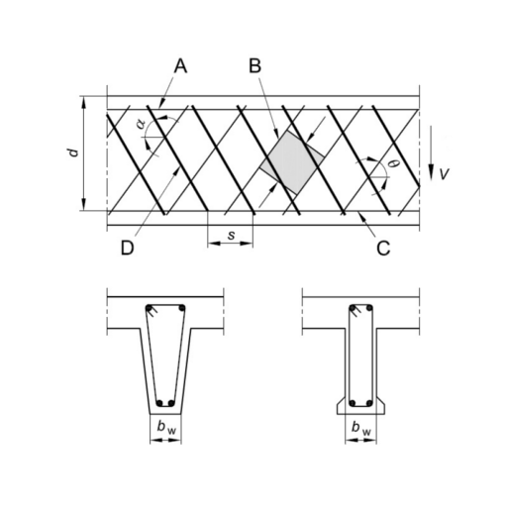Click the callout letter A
(180, 66)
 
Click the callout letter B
(254, 65)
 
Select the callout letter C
(383, 249)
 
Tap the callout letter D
(128, 248)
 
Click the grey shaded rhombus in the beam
(292, 162)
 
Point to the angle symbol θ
(392, 162)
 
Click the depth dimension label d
(74, 152)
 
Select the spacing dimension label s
(232, 235)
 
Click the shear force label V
(445, 173)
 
